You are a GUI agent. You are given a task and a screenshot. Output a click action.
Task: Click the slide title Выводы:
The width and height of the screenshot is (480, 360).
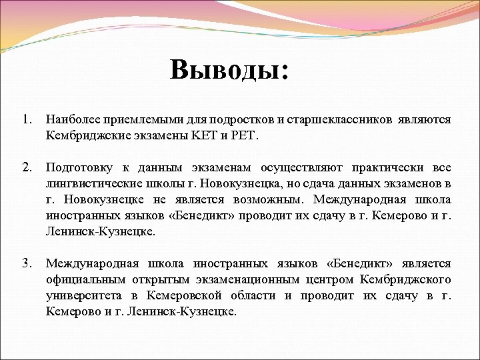229,69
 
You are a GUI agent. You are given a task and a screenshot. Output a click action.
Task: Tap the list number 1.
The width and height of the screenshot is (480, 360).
26,120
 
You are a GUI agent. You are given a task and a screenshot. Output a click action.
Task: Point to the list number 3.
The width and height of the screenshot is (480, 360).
26,264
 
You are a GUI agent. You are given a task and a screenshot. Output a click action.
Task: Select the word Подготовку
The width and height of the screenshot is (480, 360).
75,168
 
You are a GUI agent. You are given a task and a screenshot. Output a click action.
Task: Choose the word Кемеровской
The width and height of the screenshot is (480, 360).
183,296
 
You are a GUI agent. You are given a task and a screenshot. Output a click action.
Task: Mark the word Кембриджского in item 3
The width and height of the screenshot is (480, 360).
405,280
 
